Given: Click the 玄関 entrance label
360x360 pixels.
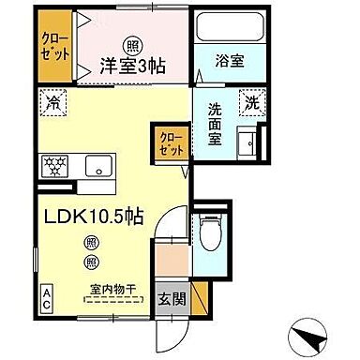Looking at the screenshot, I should click(171, 301).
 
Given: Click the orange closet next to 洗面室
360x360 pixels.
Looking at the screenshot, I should click(172, 142).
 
